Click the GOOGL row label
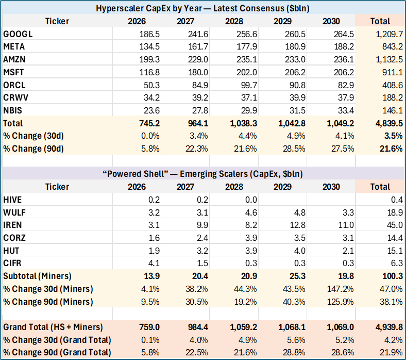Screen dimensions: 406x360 coord(18,34)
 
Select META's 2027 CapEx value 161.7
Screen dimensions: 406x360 coord(198,46)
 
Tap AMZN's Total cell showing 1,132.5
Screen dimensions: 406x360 coord(390,59)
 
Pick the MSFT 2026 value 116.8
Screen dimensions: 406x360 coord(149,72)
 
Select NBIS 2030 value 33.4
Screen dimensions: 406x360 coord(346,110)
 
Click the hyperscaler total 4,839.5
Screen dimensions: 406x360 coord(389,123)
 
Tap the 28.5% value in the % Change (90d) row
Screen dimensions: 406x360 coord(294,149)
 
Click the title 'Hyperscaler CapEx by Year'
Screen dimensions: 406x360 coord(149,8)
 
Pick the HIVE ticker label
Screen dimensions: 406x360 coord(12,200)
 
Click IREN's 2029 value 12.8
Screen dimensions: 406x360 coord(297,225)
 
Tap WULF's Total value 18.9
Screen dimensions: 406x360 coord(395,212)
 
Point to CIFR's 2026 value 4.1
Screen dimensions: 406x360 coord(154,263)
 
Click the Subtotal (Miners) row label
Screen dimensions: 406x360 coord(37,276)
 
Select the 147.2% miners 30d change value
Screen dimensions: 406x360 coord(340,289)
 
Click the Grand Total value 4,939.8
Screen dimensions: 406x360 coord(389,327)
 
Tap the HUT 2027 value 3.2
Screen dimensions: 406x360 coord(202,251)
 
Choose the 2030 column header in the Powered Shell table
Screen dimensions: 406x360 coord(331,187)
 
